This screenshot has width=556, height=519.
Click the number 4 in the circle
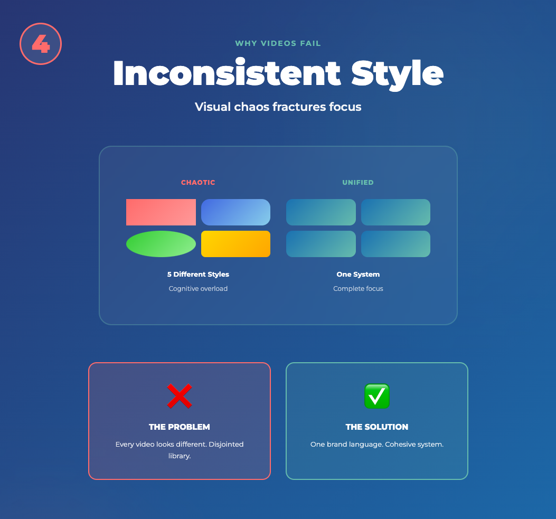(41, 44)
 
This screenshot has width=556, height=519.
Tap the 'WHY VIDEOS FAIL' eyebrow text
(278, 43)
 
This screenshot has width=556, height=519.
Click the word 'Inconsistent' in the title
(227, 73)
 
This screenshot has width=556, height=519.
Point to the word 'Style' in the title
(397, 74)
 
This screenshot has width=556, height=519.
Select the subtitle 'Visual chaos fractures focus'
(278, 107)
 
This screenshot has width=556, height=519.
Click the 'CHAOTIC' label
(198, 183)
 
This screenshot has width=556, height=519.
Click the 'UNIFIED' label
(358, 183)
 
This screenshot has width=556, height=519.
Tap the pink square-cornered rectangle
(161, 212)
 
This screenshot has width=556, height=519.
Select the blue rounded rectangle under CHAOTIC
(236, 212)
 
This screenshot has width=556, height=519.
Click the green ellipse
(161, 244)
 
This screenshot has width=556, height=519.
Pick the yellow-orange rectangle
(236, 244)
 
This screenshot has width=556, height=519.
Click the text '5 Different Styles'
(198, 275)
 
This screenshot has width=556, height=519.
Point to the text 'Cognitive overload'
(198, 289)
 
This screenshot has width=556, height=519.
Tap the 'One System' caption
(358, 275)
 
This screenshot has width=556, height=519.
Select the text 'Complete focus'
(358, 289)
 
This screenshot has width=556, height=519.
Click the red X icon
(180, 396)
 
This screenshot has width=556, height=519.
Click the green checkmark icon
(377, 396)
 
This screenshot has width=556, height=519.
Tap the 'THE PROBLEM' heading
(180, 427)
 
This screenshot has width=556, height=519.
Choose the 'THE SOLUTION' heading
(377, 427)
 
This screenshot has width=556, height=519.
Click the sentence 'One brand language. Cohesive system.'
(377, 444)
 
